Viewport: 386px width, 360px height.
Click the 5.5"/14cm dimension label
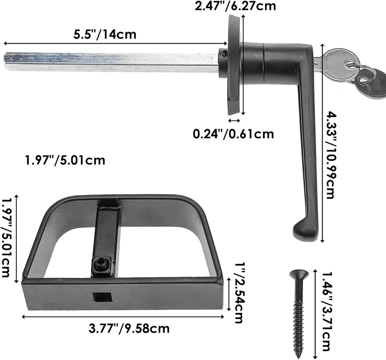coord(104,34)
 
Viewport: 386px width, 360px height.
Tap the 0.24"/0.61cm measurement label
coord(233,134)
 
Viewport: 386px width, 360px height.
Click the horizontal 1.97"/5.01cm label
coord(64,160)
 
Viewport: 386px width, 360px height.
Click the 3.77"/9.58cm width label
coord(129,328)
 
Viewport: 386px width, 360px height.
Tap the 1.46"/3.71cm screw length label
coord(326,312)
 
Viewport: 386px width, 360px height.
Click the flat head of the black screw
coord(299,273)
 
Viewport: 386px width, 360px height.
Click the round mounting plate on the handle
coord(234,64)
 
